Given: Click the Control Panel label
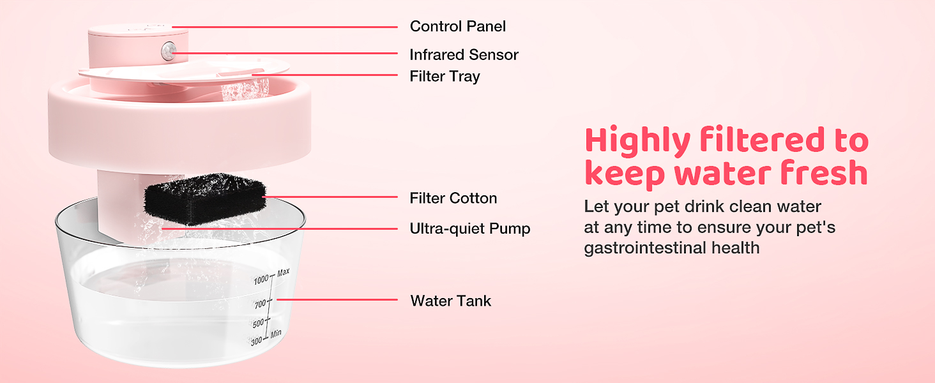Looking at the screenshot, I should pyautogui.click(x=457, y=26).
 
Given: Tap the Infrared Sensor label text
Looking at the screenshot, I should pyautogui.click(x=464, y=55).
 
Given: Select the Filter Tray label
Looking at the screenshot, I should pyautogui.click(x=445, y=77).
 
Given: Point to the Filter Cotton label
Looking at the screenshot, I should pyautogui.click(x=453, y=199).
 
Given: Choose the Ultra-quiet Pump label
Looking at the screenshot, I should pyautogui.click(x=469, y=229).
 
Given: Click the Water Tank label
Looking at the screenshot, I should pyautogui.click(x=451, y=301).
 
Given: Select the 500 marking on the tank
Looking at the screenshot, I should pyautogui.click(x=257, y=324).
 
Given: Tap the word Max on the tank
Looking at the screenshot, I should pyautogui.click(x=284, y=273).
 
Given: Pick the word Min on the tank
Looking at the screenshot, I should pyautogui.click(x=276, y=334).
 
